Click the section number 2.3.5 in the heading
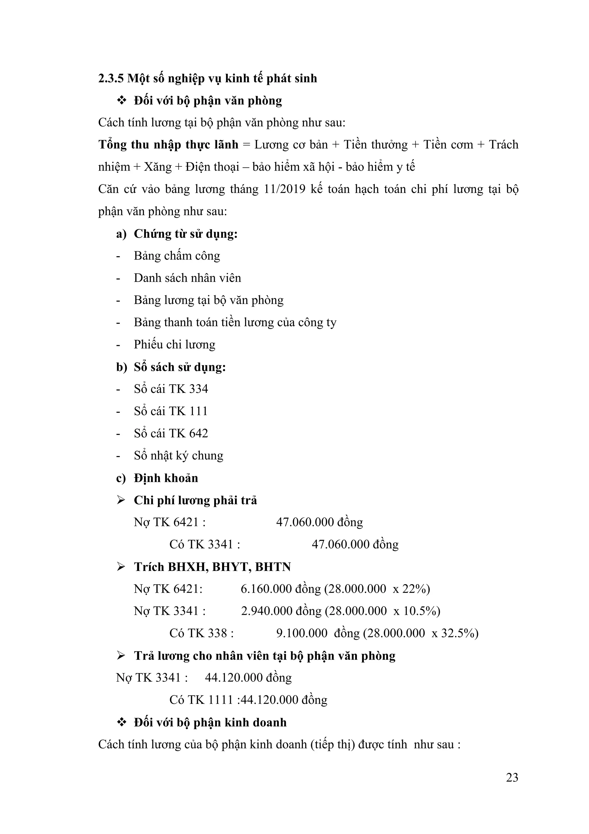click(111, 79)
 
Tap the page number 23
click(512, 777)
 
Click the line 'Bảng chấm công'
click(177, 256)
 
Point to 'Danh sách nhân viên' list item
click(187, 278)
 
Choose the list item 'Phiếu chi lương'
click(174, 344)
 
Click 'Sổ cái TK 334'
click(171, 389)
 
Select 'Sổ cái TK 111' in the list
click(171, 411)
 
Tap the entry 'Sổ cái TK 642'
click(171, 433)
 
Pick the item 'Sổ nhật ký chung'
click(179, 455)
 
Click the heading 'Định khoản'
click(166, 478)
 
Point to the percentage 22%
click(416, 589)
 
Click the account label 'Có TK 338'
click(201, 633)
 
